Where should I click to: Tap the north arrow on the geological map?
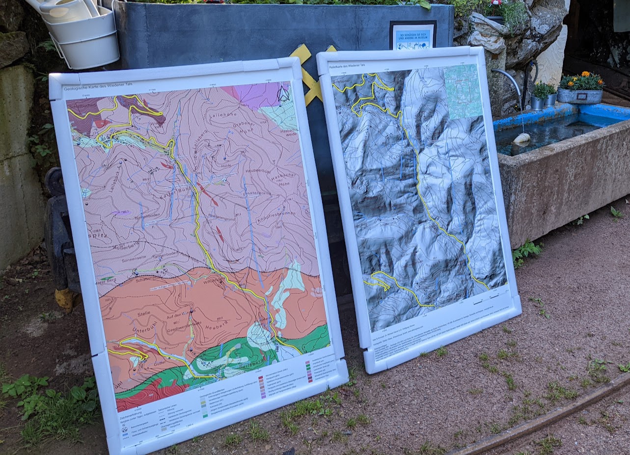pos(283,94)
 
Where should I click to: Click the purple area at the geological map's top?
pos(255,94)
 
